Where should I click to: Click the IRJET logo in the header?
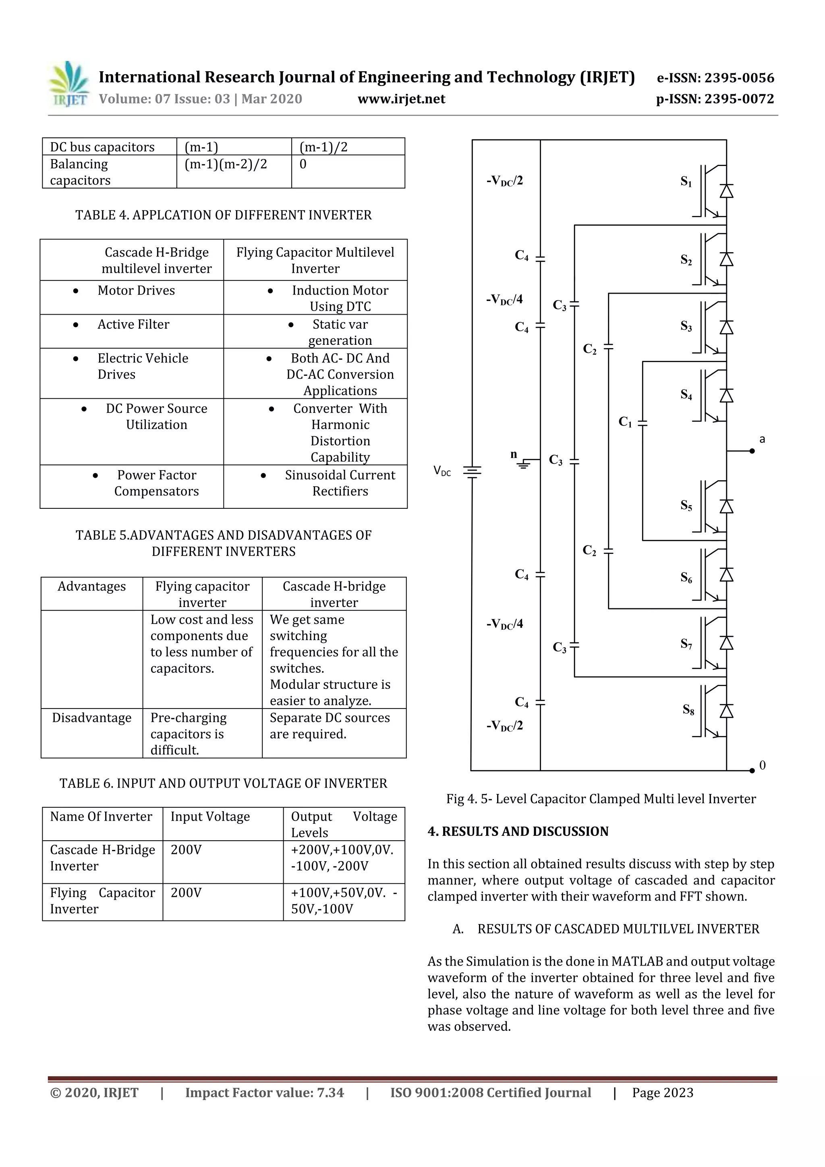(68, 84)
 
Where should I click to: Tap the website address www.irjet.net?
(401, 99)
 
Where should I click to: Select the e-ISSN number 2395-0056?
(715, 78)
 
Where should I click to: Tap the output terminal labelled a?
(752, 450)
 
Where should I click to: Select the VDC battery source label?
(442, 471)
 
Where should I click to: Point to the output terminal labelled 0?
(753, 771)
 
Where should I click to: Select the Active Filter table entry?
(133, 324)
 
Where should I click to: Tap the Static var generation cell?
(340, 332)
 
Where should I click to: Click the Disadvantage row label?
(91, 718)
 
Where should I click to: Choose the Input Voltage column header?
(210, 816)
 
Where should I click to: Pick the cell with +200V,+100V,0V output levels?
(342, 858)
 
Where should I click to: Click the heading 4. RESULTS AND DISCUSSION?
(518, 831)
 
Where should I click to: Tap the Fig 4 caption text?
(601, 798)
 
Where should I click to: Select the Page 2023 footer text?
(662, 1092)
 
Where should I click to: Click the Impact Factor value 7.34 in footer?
(264, 1092)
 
